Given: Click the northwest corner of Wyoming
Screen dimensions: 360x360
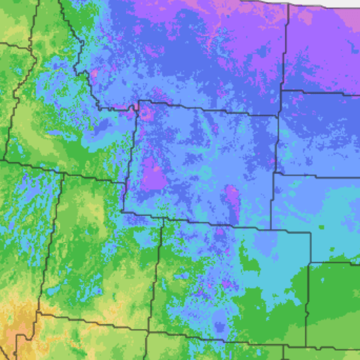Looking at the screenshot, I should tap(138, 101).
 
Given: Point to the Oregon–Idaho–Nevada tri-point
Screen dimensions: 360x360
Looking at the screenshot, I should tap(5, 161).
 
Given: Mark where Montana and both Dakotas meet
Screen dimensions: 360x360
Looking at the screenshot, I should tap(281, 91).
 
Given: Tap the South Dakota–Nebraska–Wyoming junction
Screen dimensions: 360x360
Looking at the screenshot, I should tap(274, 173).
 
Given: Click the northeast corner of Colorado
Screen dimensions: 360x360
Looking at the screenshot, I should tap(310, 232).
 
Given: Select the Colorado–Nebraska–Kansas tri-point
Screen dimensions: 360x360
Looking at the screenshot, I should tap(310, 263).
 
